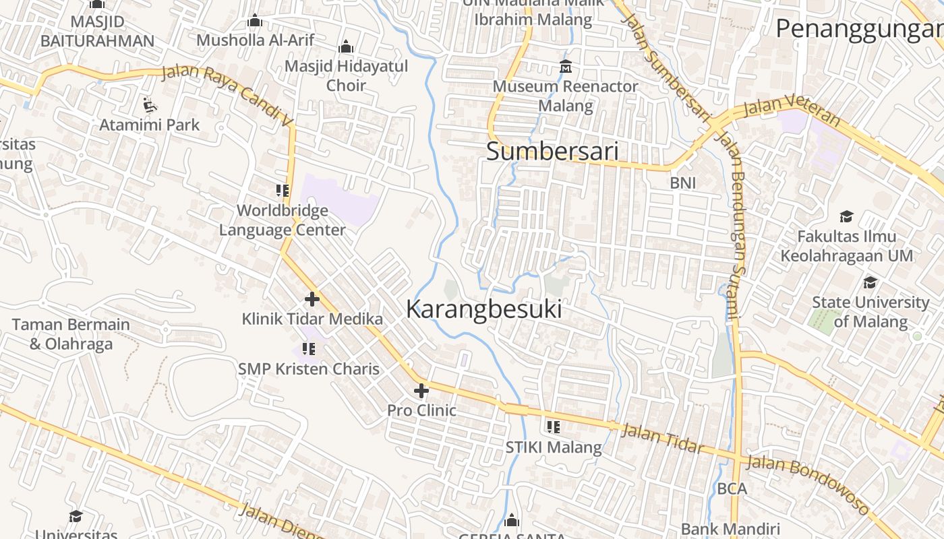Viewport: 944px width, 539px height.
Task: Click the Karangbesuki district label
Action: point(483,309)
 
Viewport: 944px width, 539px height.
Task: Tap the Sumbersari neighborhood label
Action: point(552,152)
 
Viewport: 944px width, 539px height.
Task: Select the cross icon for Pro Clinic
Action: point(421,391)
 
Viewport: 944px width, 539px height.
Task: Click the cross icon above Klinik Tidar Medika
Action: point(312,299)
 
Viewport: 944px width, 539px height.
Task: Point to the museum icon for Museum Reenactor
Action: point(565,67)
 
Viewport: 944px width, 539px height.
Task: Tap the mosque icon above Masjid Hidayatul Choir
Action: point(346,46)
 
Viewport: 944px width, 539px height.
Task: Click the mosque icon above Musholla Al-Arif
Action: point(255,21)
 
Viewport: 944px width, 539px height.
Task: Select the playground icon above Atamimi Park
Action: point(150,105)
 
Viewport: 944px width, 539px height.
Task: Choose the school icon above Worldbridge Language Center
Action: point(283,191)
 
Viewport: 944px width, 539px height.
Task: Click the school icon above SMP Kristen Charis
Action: point(309,349)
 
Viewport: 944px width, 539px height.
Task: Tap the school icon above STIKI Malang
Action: point(554,426)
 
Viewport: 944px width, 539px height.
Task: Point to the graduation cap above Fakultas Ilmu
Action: point(846,216)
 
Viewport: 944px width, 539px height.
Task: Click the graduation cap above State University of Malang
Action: point(871,282)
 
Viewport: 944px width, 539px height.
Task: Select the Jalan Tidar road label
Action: point(661,439)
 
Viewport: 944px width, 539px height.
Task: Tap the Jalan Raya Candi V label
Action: point(229,97)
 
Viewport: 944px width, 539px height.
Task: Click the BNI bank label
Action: point(682,183)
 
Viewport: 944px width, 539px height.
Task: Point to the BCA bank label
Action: point(732,488)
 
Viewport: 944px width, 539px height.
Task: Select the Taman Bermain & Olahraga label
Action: point(71,334)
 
